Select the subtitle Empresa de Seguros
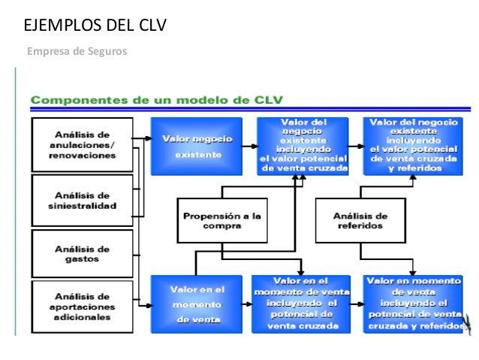77,52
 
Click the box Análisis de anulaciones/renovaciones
82,145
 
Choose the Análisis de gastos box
82,254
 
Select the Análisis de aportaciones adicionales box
82,306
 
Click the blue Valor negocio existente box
197,146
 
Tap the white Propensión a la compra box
222,220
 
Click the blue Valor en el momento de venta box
197,304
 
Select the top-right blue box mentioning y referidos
412,146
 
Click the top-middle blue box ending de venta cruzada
303,146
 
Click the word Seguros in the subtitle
110,52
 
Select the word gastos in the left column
82,260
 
